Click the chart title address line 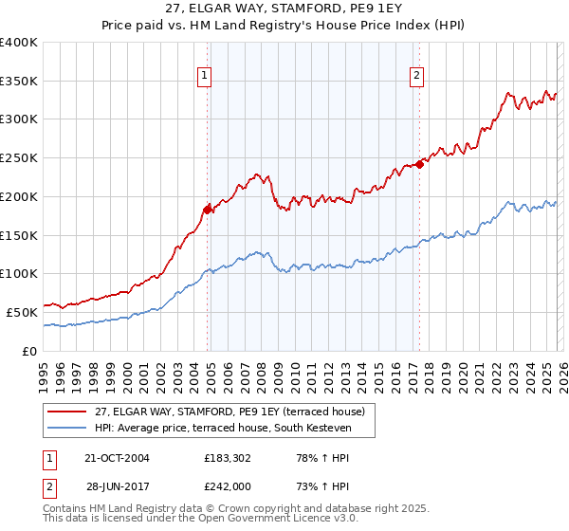tap(284, 9)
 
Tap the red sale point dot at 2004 tap(207, 209)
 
